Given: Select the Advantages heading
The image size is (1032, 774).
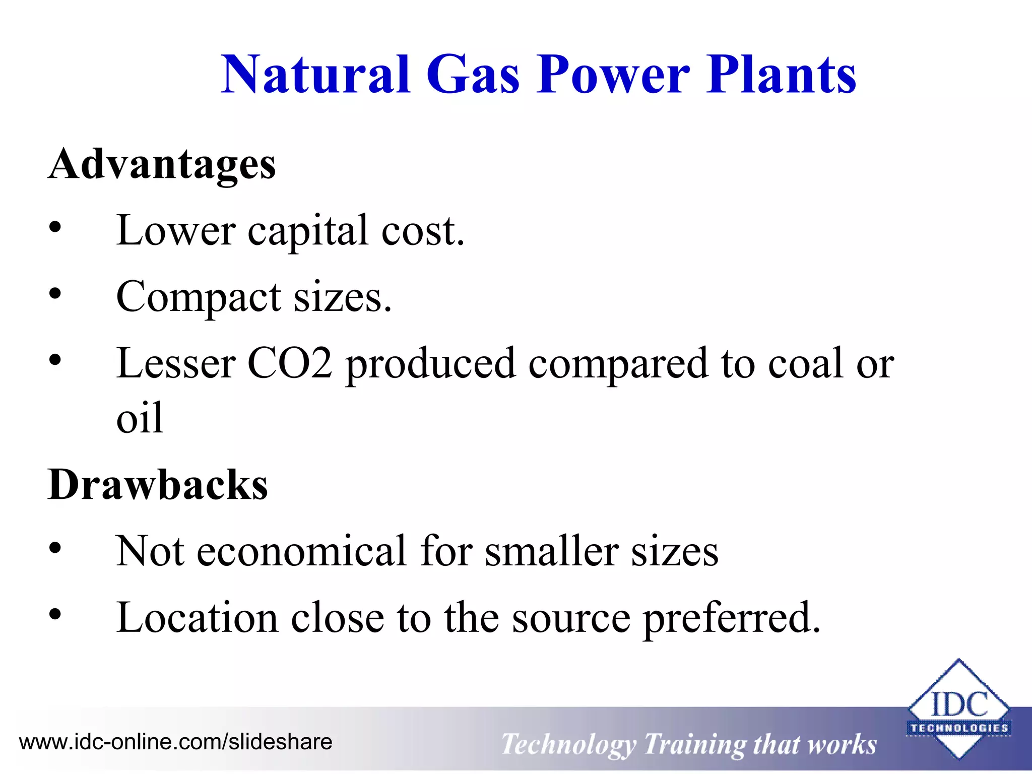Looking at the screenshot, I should point(162,164).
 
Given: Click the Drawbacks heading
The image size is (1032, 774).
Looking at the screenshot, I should point(158,485).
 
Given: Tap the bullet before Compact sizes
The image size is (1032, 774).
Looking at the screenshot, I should point(55,294).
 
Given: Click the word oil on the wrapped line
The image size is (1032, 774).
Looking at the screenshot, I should point(140,418).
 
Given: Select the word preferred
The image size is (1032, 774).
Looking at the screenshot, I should point(731,619).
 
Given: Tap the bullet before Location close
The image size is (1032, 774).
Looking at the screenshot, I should point(55,615).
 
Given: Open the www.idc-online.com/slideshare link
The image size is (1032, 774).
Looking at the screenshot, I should point(175,742).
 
